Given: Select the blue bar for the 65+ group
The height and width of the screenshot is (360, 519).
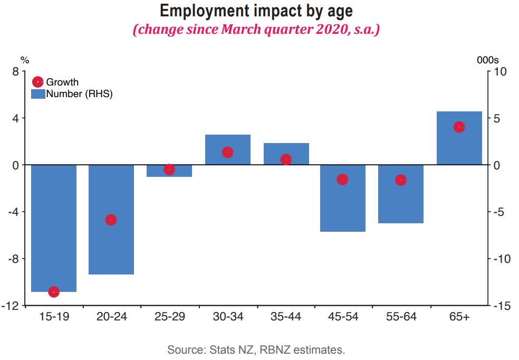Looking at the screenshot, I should (459, 138).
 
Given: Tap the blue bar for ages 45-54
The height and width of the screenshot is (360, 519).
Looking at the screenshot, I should (343, 198).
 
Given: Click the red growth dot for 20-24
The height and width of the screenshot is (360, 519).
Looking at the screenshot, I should (111, 220).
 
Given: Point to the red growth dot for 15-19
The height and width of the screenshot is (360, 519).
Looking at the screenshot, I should (54, 292).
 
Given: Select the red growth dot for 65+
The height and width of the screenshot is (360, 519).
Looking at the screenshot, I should (459, 127).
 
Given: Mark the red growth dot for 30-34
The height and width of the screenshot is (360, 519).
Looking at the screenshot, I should (228, 152).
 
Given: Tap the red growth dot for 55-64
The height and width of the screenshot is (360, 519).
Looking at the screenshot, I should (401, 180).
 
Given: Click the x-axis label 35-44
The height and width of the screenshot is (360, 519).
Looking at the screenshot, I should (285, 317).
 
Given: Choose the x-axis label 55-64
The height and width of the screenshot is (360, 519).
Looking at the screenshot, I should (401, 317).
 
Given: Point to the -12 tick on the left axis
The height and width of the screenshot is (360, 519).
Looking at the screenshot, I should (12, 306).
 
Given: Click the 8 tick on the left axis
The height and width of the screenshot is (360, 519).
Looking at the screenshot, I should (15, 72).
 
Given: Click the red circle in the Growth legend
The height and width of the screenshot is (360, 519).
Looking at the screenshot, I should (38, 82).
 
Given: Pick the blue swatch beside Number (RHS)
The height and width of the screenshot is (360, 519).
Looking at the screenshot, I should (38, 94).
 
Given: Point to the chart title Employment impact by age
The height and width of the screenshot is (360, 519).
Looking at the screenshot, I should (256, 11).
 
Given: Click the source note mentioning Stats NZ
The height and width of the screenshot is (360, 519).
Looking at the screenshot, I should (256, 349).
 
